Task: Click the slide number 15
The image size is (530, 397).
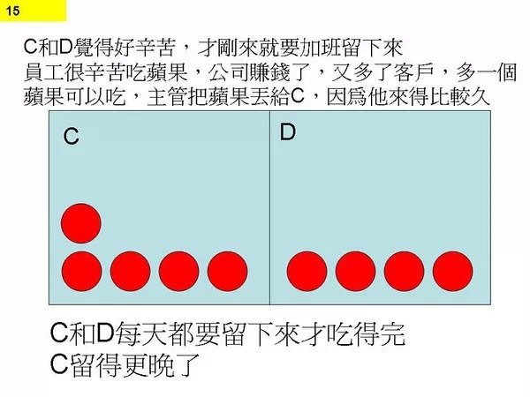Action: (12, 11)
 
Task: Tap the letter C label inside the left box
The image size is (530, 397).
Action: (71, 137)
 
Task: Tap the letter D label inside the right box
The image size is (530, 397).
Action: (288, 132)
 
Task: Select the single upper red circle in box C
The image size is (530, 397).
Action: (81, 223)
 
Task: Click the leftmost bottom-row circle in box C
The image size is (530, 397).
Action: (82, 271)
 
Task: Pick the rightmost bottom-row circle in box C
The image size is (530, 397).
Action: (228, 271)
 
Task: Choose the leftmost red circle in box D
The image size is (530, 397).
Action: (307, 271)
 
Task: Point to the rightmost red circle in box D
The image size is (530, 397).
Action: (452, 271)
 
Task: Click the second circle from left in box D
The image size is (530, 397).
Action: (356, 271)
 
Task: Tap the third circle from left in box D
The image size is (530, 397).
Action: (404, 271)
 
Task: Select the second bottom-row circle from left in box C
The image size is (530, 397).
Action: (131, 271)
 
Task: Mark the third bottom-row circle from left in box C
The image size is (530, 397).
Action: (178, 271)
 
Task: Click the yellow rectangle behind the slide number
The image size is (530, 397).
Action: (34, 11)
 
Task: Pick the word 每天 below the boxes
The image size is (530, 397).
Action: (140, 333)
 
